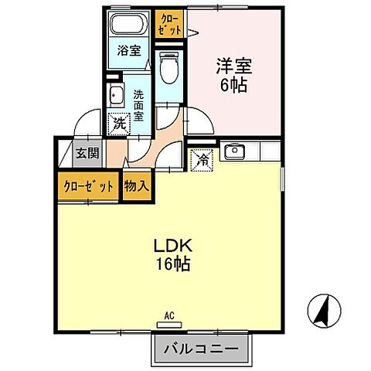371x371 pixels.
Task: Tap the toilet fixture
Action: point(168,68)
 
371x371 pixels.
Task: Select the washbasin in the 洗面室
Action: point(115,97)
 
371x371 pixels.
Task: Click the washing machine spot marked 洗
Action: point(118,122)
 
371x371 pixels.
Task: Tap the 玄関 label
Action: point(87,153)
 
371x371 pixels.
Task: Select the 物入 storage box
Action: point(138,185)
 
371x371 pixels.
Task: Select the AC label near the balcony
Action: point(169,315)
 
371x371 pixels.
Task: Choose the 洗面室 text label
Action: point(138,104)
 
